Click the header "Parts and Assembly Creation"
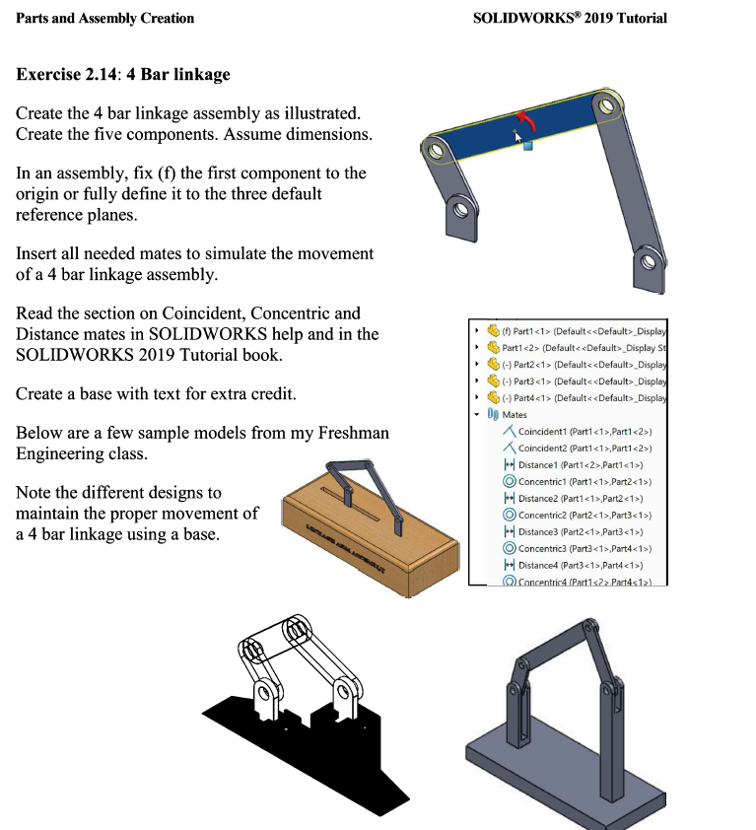(x=104, y=18)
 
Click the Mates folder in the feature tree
(x=515, y=415)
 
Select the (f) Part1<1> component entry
(x=582, y=331)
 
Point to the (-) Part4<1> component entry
(x=582, y=398)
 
